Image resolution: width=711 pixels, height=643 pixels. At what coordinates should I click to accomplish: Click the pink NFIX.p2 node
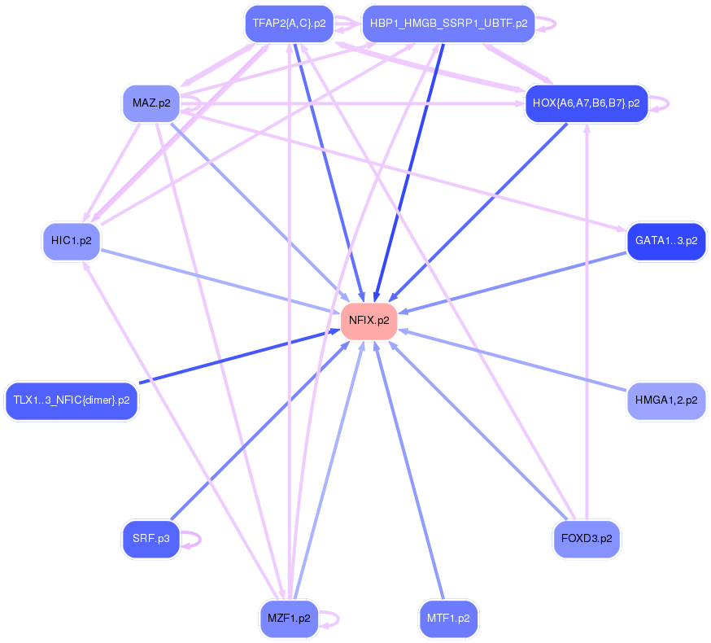pyautogui.click(x=369, y=321)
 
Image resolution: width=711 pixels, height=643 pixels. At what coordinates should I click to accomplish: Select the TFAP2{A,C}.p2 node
pyautogui.click(x=289, y=24)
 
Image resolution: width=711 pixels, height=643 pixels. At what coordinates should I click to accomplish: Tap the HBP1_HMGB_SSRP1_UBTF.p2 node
pyautogui.click(x=448, y=24)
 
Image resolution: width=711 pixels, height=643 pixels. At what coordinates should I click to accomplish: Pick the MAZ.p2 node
pyautogui.click(x=151, y=103)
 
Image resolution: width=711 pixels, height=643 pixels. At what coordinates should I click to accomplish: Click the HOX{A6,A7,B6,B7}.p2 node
pyautogui.click(x=586, y=103)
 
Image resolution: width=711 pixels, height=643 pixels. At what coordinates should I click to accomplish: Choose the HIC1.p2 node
pyautogui.click(x=72, y=241)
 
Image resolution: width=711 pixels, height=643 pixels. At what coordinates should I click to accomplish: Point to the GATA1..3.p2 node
pyautogui.click(x=665, y=241)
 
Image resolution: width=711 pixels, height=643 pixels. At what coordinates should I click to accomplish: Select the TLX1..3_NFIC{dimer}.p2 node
pyautogui.click(x=72, y=400)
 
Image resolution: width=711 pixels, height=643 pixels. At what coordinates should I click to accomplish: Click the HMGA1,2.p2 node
pyautogui.click(x=665, y=400)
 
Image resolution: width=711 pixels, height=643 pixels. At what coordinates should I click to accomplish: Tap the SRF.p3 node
pyautogui.click(x=151, y=538)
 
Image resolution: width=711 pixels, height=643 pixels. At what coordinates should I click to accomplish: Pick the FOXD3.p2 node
pyautogui.click(x=586, y=538)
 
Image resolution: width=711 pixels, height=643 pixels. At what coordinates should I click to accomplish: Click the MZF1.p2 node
pyautogui.click(x=289, y=619)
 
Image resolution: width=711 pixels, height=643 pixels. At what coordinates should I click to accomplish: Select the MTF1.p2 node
pyautogui.click(x=448, y=619)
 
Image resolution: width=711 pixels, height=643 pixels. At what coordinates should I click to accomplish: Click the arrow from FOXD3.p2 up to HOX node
pyautogui.click(x=587, y=326)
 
